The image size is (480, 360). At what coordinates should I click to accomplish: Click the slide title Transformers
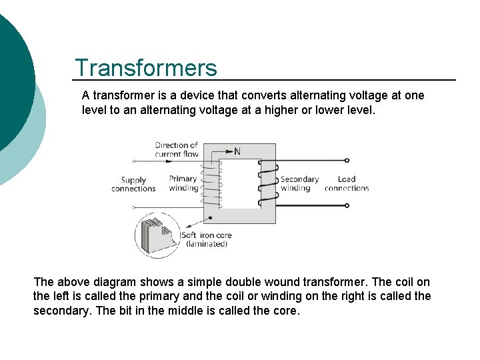(146, 68)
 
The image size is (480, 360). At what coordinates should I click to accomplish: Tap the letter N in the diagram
(237, 152)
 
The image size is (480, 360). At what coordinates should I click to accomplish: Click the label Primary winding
(183, 183)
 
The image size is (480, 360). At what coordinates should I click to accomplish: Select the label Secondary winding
(299, 183)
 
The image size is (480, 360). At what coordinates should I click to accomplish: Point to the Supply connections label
(133, 184)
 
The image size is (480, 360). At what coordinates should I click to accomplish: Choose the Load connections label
(347, 183)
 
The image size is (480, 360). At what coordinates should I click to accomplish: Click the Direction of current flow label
(177, 149)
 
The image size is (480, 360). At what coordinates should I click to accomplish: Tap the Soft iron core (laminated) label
(205, 239)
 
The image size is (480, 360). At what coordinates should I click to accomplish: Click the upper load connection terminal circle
(347, 161)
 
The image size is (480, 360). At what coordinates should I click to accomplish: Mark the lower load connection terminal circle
(347, 205)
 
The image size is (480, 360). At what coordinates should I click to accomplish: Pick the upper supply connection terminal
(134, 161)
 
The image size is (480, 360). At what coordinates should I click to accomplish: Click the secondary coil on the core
(268, 181)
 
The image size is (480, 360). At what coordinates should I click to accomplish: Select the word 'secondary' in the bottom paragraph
(58, 311)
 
